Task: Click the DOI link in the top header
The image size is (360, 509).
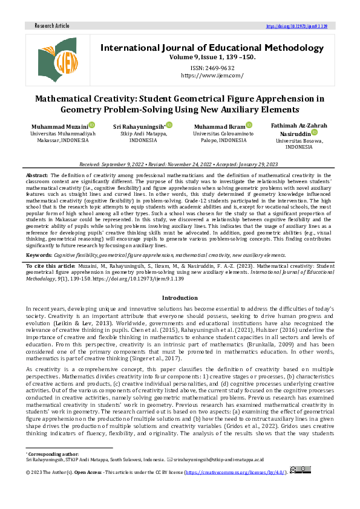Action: click(x=296, y=27)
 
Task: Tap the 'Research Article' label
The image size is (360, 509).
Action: click(x=52, y=27)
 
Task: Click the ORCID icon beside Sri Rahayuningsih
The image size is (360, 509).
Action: click(x=170, y=125)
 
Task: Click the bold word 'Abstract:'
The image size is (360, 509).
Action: click(x=38, y=174)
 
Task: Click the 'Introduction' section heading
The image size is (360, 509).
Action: click(x=180, y=298)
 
